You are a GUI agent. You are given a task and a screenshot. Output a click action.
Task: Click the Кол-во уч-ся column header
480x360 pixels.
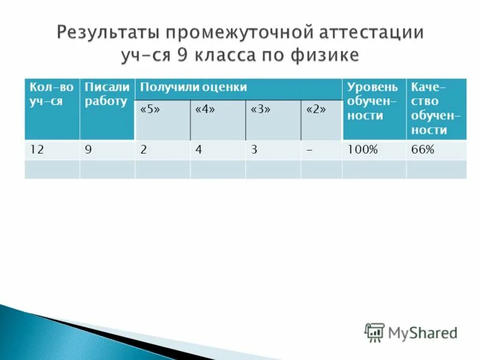[x=52, y=94]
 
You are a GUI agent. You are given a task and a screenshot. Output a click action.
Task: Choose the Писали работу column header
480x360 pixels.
[x=107, y=94]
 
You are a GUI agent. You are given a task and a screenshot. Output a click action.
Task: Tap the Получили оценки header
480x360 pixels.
[x=194, y=88]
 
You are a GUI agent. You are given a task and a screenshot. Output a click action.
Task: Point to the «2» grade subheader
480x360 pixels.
[x=316, y=111]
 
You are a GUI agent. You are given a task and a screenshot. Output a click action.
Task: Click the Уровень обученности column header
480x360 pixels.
[x=373, y=101]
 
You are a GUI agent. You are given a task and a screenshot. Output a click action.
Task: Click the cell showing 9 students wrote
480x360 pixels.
[x=88, y=151]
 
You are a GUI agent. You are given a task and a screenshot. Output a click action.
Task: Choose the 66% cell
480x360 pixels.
[x=422, y=151]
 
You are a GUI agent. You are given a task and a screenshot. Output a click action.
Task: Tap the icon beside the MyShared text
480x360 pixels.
[x=374, y=332]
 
